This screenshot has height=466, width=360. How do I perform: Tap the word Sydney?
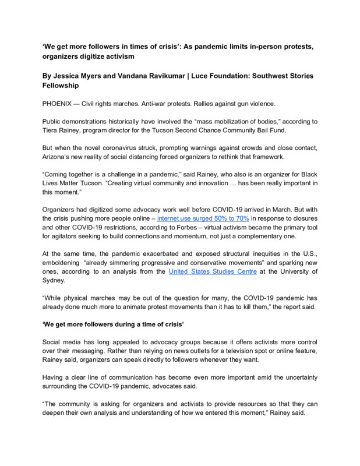coord(54,280)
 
